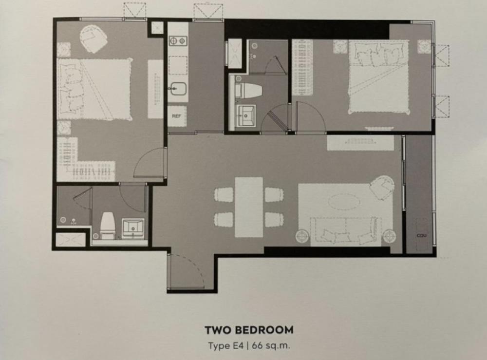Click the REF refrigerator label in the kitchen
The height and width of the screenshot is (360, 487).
click(x=176, y=117)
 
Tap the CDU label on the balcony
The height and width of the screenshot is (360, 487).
click(x=421, y=236)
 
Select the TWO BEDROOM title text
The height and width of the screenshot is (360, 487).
click(x=249, y=330)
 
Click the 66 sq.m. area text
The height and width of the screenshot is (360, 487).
click(x=275, y=346)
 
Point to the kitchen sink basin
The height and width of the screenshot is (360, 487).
click(x=177, y=89)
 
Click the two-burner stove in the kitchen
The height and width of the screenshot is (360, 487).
click(x=178, y=41)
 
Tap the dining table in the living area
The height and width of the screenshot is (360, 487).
click(x=248, y=207)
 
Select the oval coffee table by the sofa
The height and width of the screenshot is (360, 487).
click(x=343, y=201)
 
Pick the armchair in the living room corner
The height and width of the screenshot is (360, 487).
click(x=381, y=187)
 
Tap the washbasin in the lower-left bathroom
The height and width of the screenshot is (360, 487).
click(x=132, y=227)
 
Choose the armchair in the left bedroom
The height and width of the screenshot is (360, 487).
click(x=94, y=38)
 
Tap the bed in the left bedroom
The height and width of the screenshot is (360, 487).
click(x=95, y=89)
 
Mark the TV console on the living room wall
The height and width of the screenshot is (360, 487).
click(x=360, y=143)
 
